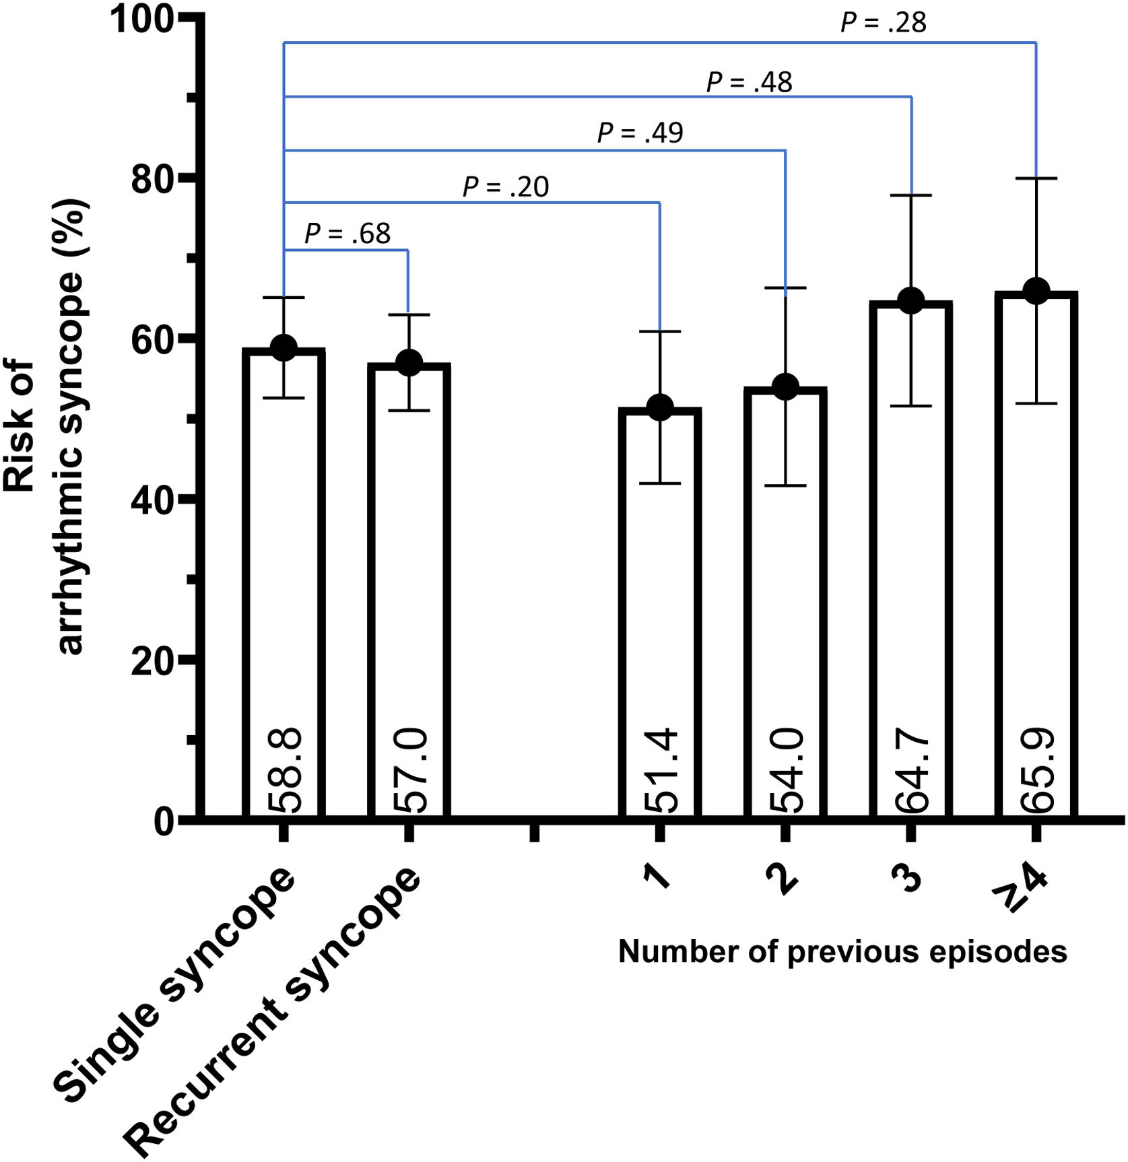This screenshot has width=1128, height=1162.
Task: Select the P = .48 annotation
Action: click(749, 83)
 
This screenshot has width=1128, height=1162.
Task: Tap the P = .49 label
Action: click(640, 133)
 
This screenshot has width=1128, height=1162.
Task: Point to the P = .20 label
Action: click(506, 186)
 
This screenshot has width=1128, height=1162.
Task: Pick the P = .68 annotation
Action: click(347, 234)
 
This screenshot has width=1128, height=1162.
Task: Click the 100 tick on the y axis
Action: click(143, 18)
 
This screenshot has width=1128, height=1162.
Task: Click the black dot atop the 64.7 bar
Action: click(911, 300)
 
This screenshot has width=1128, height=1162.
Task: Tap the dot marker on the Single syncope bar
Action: click(284, 347)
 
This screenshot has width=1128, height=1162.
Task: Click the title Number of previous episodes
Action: click(842, 952)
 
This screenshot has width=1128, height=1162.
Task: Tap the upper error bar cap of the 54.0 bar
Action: click(785, 288)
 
